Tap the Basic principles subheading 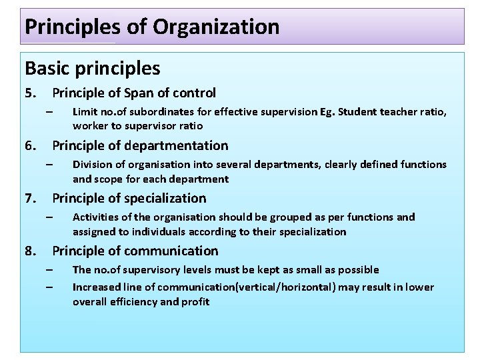pos(92,67)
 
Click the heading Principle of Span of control pos(134,93)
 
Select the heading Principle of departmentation pos(140,145)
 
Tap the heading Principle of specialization pos(129,198)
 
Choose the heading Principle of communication pos(135,251)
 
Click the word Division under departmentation pos(91,165)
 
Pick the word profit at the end pos(196,302)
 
